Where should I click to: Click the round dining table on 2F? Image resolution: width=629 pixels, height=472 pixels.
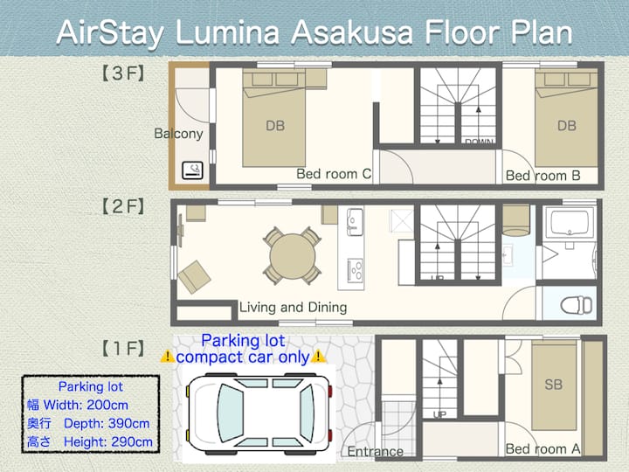pyautogui.click(x=293, y=256)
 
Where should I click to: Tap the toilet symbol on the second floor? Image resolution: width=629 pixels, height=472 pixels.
pyautogui.click(x=576, y=305)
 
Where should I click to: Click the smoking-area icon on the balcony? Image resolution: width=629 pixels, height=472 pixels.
pyautogui.click(x=192, y=170)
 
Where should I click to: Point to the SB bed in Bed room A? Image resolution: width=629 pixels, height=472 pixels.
pyautogui.click(x=554, y=386)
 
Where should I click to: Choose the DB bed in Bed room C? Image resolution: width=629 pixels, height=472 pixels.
pyautogui.click(x=274, y=119)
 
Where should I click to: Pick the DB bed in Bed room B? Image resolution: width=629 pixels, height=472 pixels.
pyautogui.click(x=566, y=119)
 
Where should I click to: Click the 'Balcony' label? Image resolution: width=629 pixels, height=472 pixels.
pyautogui.click(x=178, y=134)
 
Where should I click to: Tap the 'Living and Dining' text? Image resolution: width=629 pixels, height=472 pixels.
pyautogui.click(x=294, y=308)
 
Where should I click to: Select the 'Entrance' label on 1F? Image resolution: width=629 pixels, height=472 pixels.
pyautogui.click(x=375, y=452)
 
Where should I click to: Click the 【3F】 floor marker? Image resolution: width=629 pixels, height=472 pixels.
pyautogui.click(x=123, y=73)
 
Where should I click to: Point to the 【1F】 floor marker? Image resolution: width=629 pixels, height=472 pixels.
pyautogui.click(x=123, y=349)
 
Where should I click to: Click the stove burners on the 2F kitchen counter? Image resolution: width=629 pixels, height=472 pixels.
pyautogui.click(x=355, y=269)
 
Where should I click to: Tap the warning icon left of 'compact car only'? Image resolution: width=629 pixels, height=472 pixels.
pyautogui.click(x=167, y=356)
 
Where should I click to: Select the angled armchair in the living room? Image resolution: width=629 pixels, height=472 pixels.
pyautogui.click(x=195, y=277)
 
